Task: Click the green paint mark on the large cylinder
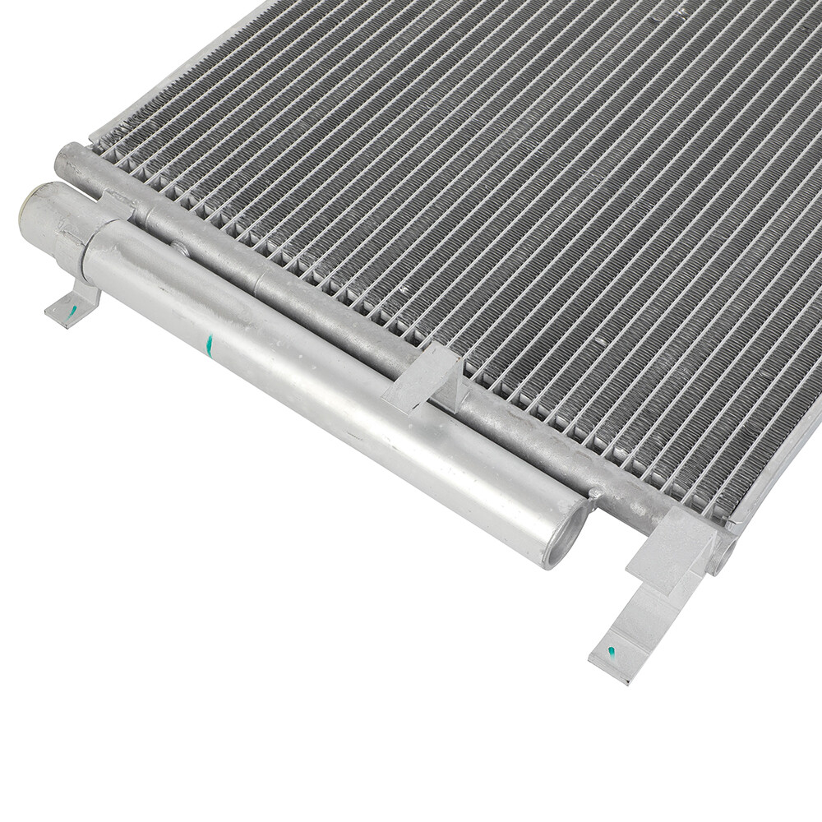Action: [210, 346]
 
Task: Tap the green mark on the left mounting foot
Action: [72, 310]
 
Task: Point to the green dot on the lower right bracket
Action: [611, 652]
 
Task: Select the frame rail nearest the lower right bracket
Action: [773, 477]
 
